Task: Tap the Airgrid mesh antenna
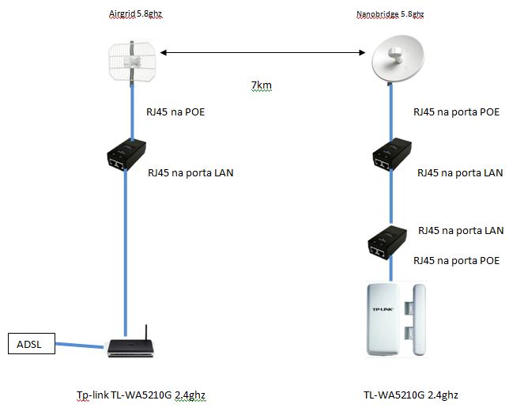pos(130,61)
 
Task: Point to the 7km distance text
pos(262,85)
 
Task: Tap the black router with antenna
pos(127,346)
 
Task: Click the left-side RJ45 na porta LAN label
pos(190,172)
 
